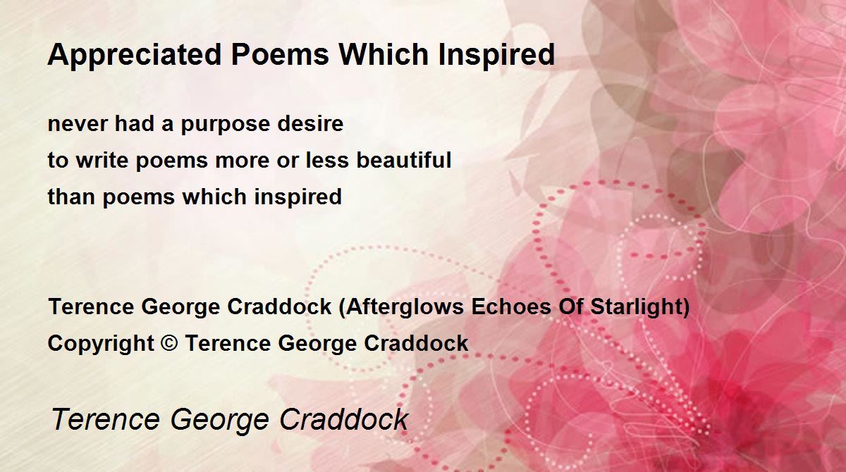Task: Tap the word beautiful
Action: click(x=404, y=160)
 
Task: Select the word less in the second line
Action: click(x=327, y=160)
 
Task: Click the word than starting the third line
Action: click(x=71, y=197)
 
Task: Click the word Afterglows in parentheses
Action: click(x=405, y=307)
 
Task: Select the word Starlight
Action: click(x=636, y=306)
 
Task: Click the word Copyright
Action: click(x=101, y=344)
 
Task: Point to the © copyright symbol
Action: click(x=168, y=343)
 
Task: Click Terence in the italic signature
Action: click(x=106, y=419)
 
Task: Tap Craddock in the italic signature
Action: click(x=344, y=418)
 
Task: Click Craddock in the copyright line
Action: click(x=416, y=343)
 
